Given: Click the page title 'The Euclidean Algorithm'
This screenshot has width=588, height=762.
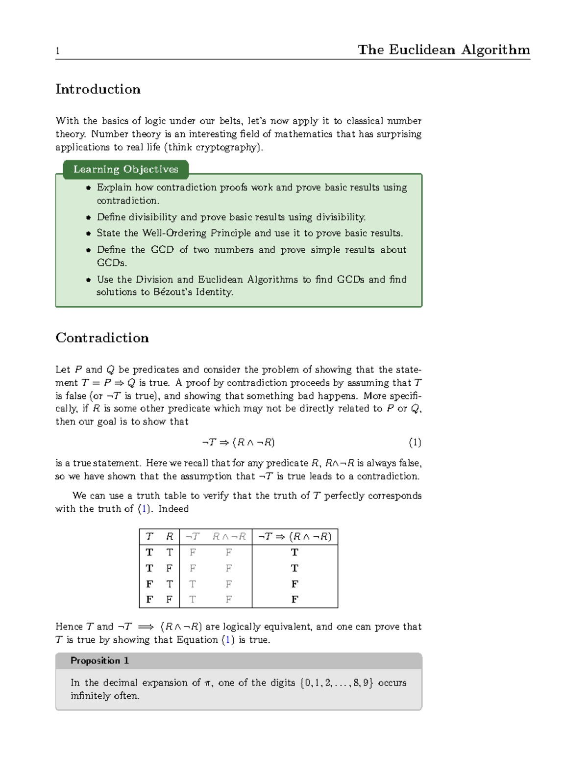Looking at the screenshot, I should [x=443, y=50].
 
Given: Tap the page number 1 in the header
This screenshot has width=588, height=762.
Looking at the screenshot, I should [x=58, y=51].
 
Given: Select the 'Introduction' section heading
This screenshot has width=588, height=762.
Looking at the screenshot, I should [x=98, y=89].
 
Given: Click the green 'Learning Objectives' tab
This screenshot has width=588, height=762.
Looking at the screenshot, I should [x=125, y=169].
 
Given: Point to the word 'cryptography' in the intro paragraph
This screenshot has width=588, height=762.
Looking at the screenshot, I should [x=226, y=147].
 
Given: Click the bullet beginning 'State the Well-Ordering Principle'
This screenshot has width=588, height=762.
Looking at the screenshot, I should [x=249, y=233].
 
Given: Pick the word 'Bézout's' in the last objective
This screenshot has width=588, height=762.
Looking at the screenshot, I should [x=172, y=292].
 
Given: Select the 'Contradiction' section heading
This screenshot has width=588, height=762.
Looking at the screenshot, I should [x=102, y=338].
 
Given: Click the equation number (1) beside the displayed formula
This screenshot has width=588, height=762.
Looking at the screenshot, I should [x=415, y=443].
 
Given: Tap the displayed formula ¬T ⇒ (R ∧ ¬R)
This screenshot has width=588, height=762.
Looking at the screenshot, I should [x=238, y=443].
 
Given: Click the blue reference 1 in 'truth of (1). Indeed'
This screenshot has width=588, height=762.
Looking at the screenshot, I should [x=144, y=509].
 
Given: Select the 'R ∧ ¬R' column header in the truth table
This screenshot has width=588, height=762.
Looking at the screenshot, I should [x=229, y=537].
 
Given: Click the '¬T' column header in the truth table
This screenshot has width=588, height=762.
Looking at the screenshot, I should [x=192, y=537].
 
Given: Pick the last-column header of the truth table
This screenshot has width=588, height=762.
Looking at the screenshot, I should [x=294, y=537].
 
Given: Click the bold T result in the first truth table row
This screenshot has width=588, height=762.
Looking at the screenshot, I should [x=294, y=552].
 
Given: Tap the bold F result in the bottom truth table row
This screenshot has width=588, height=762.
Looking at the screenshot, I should [x=294, y=600].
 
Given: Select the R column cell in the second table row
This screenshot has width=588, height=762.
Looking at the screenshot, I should [x=169, y=568].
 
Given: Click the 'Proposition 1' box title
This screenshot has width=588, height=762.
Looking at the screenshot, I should [x=99, y=661].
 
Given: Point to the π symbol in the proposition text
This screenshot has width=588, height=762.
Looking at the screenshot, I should [x=208, y=683].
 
